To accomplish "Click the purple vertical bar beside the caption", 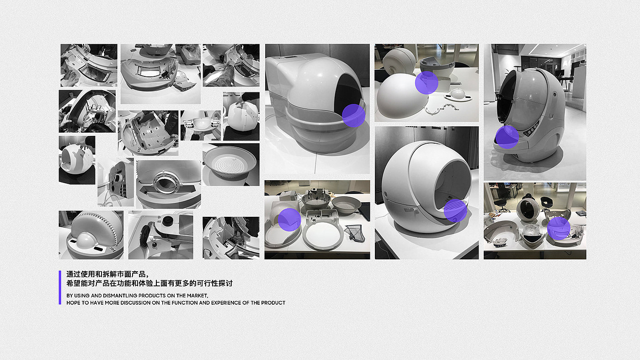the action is pyautogui.click(x=60, y=287).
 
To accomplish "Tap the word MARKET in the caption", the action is pyautogui.click(x=197, y=296).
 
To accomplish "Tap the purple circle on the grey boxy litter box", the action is pyautogui.click(x=354, y=116).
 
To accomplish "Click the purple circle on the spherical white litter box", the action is pyautogui.click(x=455, y=211).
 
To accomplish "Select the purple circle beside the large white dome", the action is pyautogui.click(x=427, y=83).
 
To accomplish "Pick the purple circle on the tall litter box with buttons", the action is pyautogui.click(x=507, y=137).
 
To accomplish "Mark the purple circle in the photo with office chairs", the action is pyautogui.click(x=559, y=228).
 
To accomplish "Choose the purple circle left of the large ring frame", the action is pyautogui.click(x=289, y=220).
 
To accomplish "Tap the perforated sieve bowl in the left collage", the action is pyautogui.click(x=230, y=163).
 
